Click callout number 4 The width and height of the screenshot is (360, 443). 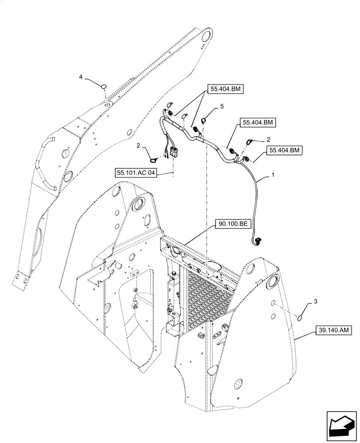(81, 77)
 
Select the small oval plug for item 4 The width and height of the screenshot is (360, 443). (104, 86)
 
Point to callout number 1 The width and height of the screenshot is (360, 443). (273, 175)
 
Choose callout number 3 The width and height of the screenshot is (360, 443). (315, 301)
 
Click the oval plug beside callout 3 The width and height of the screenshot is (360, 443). (300, 317)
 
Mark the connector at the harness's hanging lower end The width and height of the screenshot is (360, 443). (258, 242)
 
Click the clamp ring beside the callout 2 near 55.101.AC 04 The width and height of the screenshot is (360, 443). (153, 161)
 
